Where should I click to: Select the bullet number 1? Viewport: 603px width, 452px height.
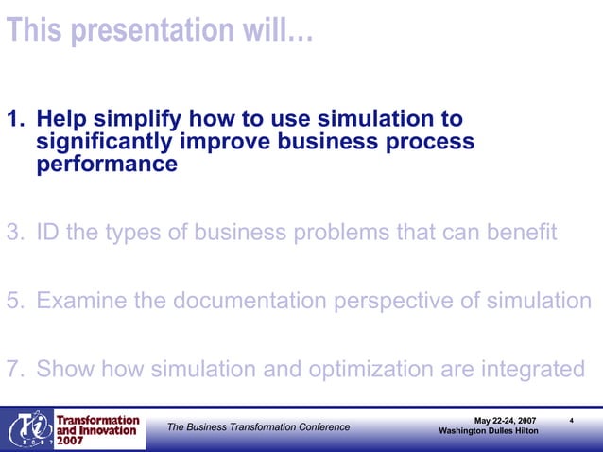pos(13,120)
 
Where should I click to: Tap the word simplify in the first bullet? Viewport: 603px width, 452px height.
pos(138,120)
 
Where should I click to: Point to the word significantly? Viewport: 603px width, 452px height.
pos(103,142)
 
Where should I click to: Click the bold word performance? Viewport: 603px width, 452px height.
pos(106,164)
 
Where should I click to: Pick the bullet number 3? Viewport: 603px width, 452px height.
pos(13,233)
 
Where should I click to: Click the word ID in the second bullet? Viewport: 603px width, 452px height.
pos(49,233)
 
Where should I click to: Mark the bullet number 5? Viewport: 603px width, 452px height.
pos(13,301)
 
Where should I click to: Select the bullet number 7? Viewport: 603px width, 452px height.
pos(13,369)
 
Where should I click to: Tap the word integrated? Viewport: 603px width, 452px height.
pos(531,369)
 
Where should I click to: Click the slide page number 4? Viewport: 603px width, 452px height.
pos(574,419)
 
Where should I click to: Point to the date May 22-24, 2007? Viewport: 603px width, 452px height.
pos(510,420)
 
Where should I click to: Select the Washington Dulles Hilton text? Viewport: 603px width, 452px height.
pos(489,432)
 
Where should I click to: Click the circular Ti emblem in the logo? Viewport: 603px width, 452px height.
pos(29,430)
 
